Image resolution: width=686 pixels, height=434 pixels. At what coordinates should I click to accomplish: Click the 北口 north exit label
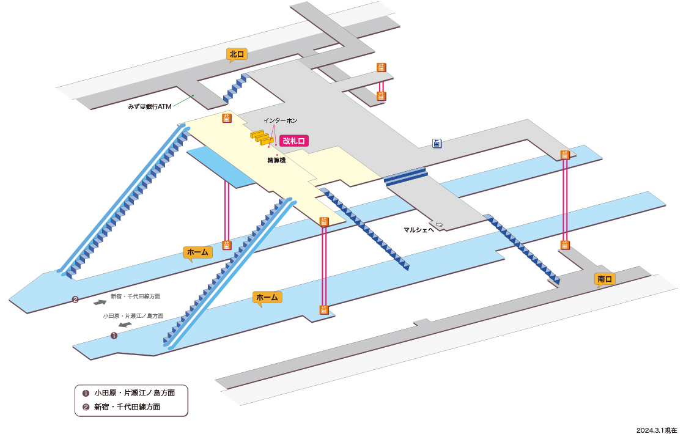point(237,54)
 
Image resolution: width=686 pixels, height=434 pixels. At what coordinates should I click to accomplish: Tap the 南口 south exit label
point(605,279)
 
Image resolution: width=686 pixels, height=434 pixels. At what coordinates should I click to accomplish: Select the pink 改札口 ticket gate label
point(294,141)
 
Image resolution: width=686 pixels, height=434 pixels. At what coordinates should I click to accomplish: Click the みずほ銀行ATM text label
point(150,106)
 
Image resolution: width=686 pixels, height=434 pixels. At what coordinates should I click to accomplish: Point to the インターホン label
point(281,120)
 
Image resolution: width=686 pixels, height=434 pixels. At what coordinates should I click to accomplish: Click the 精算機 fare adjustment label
point(276,161)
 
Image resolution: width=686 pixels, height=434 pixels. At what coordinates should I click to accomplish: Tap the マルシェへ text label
point(419,230)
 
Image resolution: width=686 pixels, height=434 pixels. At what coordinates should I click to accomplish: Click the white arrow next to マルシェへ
point(439,225)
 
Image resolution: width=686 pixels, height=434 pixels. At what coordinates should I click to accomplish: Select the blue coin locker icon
point(437,143)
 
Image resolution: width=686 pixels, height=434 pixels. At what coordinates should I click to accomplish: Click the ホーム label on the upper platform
point(197,252)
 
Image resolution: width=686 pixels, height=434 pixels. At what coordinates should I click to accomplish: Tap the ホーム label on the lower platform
point(267,298)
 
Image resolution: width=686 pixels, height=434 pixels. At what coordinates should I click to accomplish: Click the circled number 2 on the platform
point(75,300)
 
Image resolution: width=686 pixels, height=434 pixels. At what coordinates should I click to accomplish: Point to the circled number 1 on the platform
point(114,336)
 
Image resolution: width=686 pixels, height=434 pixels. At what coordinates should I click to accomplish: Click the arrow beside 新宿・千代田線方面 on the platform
point(100,302)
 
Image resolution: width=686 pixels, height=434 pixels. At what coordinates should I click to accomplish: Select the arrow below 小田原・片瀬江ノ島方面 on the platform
point(125,325)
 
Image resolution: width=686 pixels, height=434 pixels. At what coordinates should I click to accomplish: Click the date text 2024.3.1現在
point(656,430)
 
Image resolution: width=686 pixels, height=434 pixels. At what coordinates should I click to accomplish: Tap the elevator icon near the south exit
point(565,245)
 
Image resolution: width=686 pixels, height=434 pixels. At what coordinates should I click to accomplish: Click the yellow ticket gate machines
point(262,138)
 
